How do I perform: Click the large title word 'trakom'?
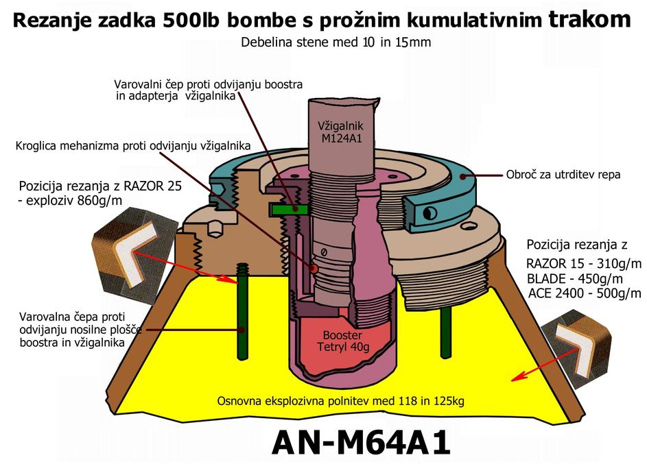[x=589, y=20]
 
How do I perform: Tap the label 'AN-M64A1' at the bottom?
[x=361, y=442]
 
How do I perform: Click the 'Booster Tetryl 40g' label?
[x=342, y=341]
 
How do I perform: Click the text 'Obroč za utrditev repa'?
[x=563, y=175]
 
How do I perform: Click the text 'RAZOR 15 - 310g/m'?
[x=583, y=264]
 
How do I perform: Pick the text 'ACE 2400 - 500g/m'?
[x=585, y=294]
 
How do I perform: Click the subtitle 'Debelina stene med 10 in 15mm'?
[x=336, y=43]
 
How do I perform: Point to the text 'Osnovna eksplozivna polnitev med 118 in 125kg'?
[x=340, y=401]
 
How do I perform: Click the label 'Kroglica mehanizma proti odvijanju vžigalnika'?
[x=132, y=146]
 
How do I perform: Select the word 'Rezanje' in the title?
[x=51, y=21]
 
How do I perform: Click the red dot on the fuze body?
[x=314, y=269]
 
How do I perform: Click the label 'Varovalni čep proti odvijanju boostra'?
[x=208, y=85]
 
